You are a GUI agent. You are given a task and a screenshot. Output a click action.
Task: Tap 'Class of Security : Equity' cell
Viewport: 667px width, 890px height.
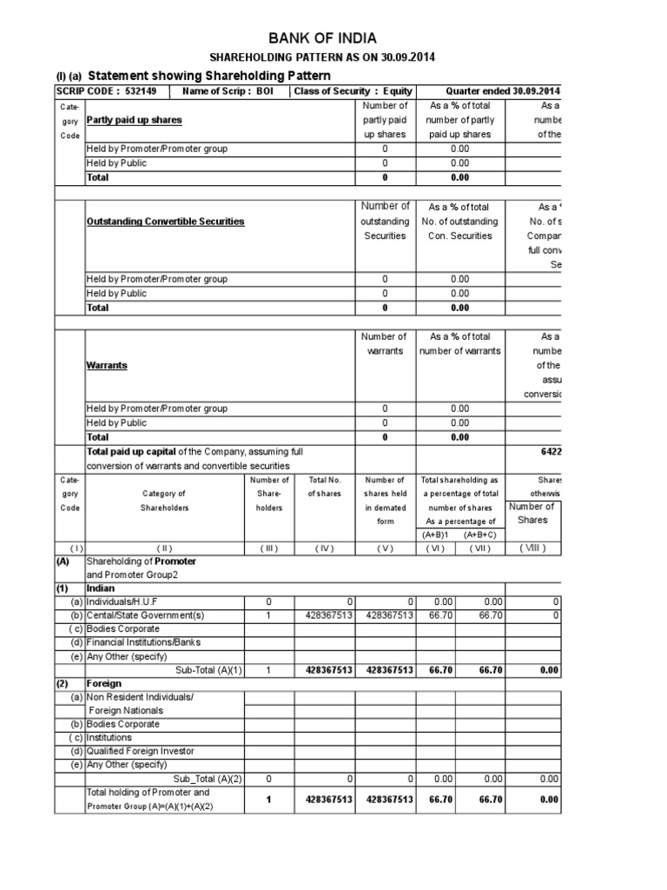click(353, 91)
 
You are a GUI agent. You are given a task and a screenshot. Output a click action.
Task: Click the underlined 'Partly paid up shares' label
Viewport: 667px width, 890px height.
click(135, 120)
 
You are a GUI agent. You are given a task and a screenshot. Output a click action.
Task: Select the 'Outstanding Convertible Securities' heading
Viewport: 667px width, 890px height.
click(166, 222)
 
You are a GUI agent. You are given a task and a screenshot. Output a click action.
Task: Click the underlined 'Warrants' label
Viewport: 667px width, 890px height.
click(107, 365)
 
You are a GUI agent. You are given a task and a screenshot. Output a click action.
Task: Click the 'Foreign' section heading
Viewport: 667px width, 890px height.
click(103, 683)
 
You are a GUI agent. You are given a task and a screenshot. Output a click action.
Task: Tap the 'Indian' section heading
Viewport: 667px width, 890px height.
click(101, 588)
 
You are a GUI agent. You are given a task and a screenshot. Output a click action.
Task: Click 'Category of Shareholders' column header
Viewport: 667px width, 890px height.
click(164, 501)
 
